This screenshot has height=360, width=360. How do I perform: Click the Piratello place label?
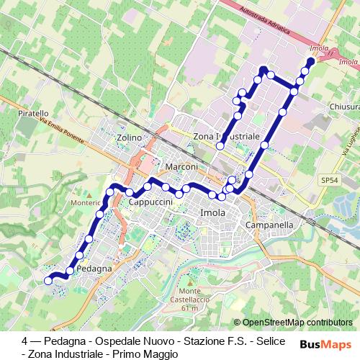[34, 114]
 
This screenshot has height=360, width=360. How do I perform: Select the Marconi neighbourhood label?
[181, 167]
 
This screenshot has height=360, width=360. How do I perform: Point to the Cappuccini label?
[150, 203]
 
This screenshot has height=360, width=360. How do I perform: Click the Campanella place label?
[269, 225]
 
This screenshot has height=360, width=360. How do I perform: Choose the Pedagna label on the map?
[92, 269]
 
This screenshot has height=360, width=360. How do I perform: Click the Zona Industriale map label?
[227, 135]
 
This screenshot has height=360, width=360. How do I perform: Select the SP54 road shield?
[329, 180]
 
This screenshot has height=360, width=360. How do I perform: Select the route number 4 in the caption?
[25, 340]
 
